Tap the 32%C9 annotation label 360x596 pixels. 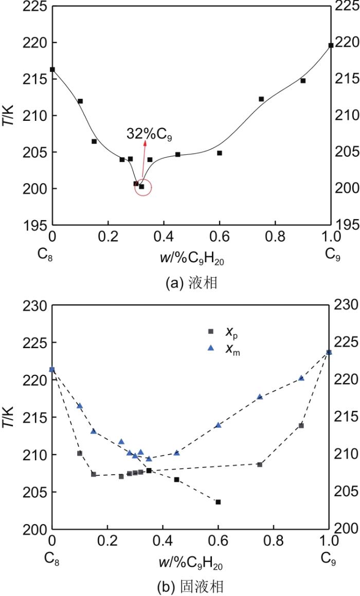[x=149, y=134]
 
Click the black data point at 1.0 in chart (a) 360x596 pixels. [x=331, y=45]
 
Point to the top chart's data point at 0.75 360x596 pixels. [x=261, y=99]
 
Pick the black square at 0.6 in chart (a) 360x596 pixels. [x=220, y=153]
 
